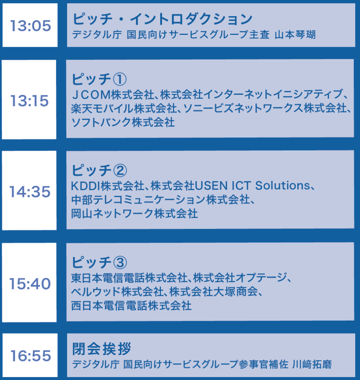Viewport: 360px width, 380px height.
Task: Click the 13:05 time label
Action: (x=30, y=26)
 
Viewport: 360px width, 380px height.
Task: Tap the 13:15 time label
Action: (x=30, y=101)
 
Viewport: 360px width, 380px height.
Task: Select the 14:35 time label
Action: (x=30, y=192)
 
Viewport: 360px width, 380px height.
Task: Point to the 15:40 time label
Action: (x=30, y=284)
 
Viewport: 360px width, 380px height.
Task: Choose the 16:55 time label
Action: (x=30, y=356)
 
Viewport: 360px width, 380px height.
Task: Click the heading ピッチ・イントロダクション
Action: (x=162, y=19)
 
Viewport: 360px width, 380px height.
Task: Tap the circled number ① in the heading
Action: (x=120, y=79)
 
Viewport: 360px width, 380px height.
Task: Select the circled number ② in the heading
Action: (x=120, y=170)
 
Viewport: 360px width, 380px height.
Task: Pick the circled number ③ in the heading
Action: (x=120, y=262)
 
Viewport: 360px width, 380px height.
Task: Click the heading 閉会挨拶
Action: (x=102, y=348)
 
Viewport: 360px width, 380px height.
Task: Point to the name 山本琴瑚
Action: (x=295, y=35)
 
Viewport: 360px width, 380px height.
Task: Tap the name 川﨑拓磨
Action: (x=312, y=364)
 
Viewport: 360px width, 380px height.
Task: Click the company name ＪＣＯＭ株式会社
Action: (x=113, y=95)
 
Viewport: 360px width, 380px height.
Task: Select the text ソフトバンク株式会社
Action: (x=123, y=122)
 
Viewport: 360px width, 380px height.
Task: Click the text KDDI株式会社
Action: (x=108, y=186)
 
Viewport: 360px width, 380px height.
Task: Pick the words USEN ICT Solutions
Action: (x=252, y=186)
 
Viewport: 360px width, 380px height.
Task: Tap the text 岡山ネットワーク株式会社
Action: (x=134, y=214)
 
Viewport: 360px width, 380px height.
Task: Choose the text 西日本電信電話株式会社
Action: (x=131, y=306)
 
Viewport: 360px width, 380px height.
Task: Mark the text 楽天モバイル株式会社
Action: (x=124, y=108)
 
